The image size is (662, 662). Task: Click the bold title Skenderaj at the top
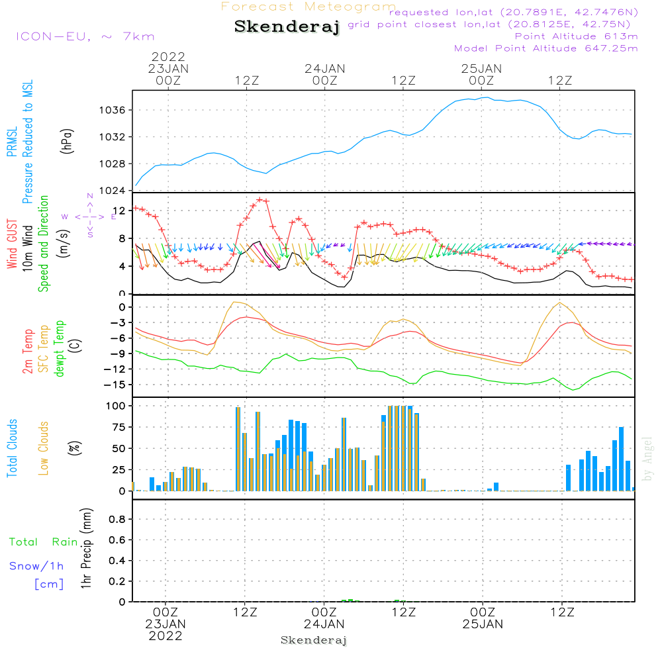287,27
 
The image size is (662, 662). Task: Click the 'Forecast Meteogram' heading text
308,7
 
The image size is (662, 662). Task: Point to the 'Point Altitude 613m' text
576,36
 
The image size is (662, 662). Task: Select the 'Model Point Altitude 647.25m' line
546,48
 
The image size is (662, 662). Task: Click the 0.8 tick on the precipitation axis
118,520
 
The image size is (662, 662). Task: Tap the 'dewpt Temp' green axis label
60,349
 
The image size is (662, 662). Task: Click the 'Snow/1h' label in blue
37,566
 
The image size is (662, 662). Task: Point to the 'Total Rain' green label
44,542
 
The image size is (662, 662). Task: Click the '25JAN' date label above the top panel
481,68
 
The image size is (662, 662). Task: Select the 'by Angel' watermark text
648,458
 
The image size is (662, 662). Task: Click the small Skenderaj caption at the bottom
314,640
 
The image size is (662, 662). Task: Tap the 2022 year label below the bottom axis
165,636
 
